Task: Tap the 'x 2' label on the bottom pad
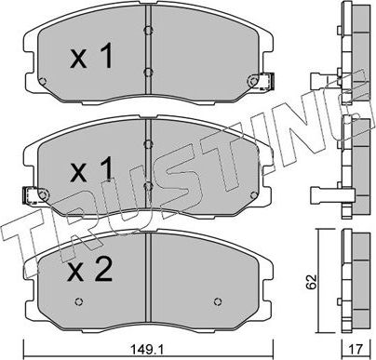tap(91, 271)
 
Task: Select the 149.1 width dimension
tap(155, 350)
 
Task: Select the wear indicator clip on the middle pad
tap(34, 195)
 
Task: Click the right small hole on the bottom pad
tap(218, 301)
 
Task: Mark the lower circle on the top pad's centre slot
tap(149, 70)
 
